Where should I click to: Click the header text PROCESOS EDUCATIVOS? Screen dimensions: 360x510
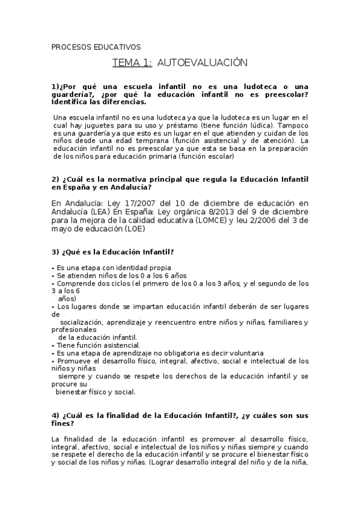point(96,46)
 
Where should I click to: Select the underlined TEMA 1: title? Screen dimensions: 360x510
point(132,63)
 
